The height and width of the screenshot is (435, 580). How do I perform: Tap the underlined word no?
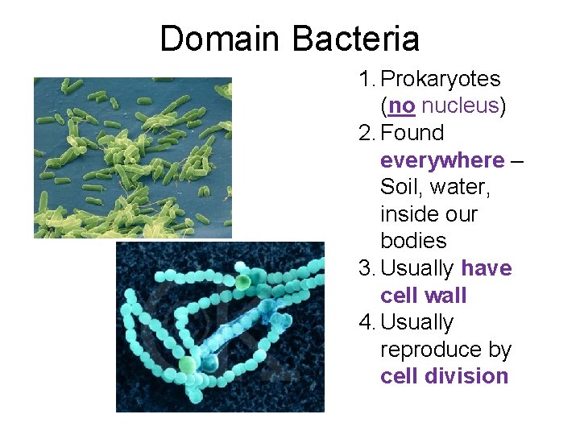pyautogui.click(x=400, y=106)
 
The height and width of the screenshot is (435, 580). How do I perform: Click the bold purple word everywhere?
pyautogui.click(x=442, y=160)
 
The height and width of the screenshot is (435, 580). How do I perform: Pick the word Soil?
pyautogui.click(x=400, y=187)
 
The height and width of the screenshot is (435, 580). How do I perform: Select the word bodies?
pyautogui.click(x=412, y=241)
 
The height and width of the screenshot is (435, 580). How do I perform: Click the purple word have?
pyautogui.click(x=487, y=268)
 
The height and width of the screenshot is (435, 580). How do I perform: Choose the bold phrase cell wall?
pyautogui.click(x=423, y=296)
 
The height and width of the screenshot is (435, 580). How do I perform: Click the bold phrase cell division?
pyautogui.click(x=444, y=376)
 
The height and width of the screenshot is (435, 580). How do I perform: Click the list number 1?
pyautogui.click(x=367, y=80)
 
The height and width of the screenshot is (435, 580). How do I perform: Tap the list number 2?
pyautogui.click(x=367, y=133)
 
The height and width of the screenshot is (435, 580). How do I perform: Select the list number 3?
pyautogui.click(x=367, y=268)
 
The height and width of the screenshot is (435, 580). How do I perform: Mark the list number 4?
pyautogui.click(x=367, y=322)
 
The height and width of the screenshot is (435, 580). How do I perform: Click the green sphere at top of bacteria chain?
pyautogui.click(x=242, y=281)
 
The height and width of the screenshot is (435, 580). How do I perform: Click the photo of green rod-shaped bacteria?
pyautogui.click(x=132, y=157)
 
